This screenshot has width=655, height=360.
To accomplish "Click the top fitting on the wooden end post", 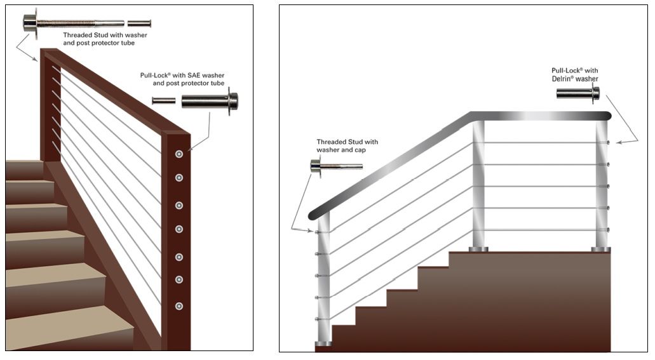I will [179, 154].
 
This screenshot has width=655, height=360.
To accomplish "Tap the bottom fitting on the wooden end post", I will [179, 306].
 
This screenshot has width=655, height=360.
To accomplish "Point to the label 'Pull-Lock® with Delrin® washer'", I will [575, 74].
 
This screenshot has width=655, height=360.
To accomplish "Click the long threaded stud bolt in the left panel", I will [73, 23].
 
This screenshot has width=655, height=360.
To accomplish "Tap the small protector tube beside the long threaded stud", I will [139, 23].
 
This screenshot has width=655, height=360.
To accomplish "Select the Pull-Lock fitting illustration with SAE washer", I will [210, 100].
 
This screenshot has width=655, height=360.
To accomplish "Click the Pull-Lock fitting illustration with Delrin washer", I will [577, 93].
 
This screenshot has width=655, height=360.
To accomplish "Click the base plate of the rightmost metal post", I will [601, 250].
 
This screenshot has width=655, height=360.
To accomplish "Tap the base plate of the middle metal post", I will [478, 249].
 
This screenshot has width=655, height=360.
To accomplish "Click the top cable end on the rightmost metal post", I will [608, 142].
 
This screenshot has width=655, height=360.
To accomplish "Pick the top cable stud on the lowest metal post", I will [316, 232].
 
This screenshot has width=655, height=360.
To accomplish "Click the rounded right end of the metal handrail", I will [608, 116].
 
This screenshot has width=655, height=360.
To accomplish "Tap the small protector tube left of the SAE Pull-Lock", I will [163, 100].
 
